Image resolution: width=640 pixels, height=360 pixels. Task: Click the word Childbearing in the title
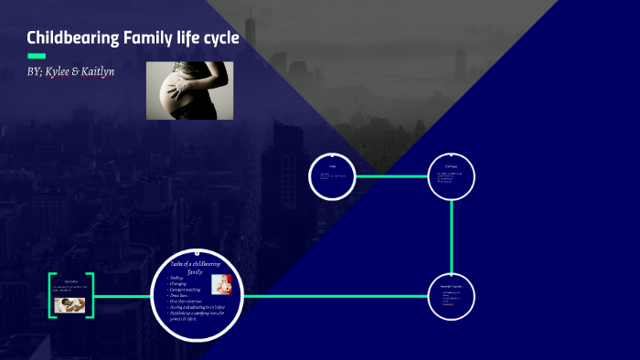pos(71,38)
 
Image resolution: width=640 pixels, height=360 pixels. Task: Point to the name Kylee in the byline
pos(69,71)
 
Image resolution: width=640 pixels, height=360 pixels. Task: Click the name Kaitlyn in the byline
pos(119,71)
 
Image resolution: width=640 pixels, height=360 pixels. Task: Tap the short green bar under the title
pos(36,56)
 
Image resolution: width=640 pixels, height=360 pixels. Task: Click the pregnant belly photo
pos(189,90)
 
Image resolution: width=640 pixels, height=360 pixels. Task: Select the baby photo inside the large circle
pos(220,284)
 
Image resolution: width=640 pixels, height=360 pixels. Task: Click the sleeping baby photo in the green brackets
pos(69,305)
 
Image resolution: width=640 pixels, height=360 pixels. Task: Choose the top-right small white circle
pos(452,176)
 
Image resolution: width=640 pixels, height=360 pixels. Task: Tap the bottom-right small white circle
pos(452,296)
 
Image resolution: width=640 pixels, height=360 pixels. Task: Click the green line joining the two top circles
pos(391,176)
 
